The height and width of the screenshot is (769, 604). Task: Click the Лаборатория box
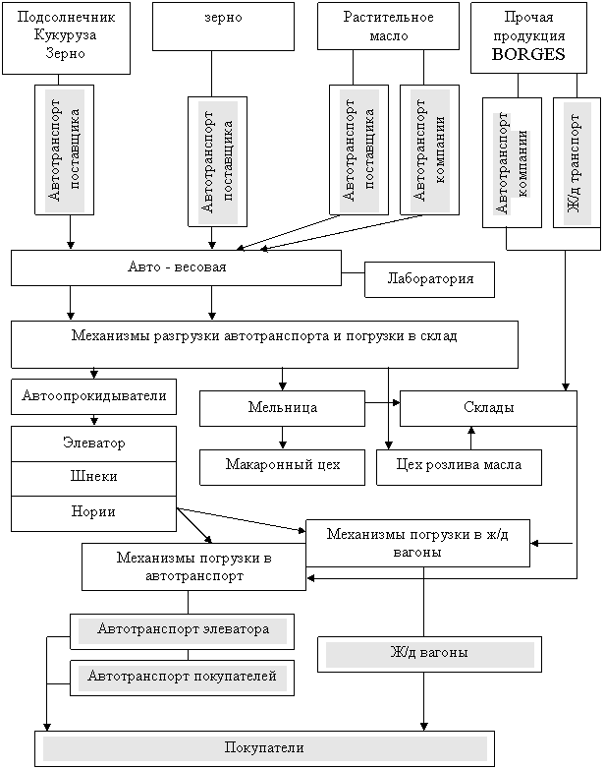429,279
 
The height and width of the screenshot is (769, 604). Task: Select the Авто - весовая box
177,267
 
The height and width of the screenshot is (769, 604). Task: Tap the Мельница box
282,407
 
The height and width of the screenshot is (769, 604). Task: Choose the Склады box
488,407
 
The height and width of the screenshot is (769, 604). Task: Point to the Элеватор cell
93,444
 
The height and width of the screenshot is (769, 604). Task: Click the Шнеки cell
93,477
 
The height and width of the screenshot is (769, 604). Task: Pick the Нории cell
93,512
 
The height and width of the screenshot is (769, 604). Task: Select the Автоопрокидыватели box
93,396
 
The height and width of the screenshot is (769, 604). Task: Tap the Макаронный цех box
282,466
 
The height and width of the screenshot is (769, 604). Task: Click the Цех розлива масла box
459,466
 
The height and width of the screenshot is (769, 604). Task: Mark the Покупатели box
264,748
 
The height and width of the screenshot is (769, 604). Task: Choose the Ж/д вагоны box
429,654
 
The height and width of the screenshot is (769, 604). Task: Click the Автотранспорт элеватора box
183,630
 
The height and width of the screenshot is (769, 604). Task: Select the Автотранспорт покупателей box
183,678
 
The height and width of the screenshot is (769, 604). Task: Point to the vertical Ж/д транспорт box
576,162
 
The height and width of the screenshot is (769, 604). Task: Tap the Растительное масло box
388,27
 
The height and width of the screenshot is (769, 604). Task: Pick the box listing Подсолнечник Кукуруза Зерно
66,37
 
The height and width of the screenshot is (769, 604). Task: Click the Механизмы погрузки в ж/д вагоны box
417,543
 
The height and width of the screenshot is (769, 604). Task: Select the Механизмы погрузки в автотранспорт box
193,567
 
